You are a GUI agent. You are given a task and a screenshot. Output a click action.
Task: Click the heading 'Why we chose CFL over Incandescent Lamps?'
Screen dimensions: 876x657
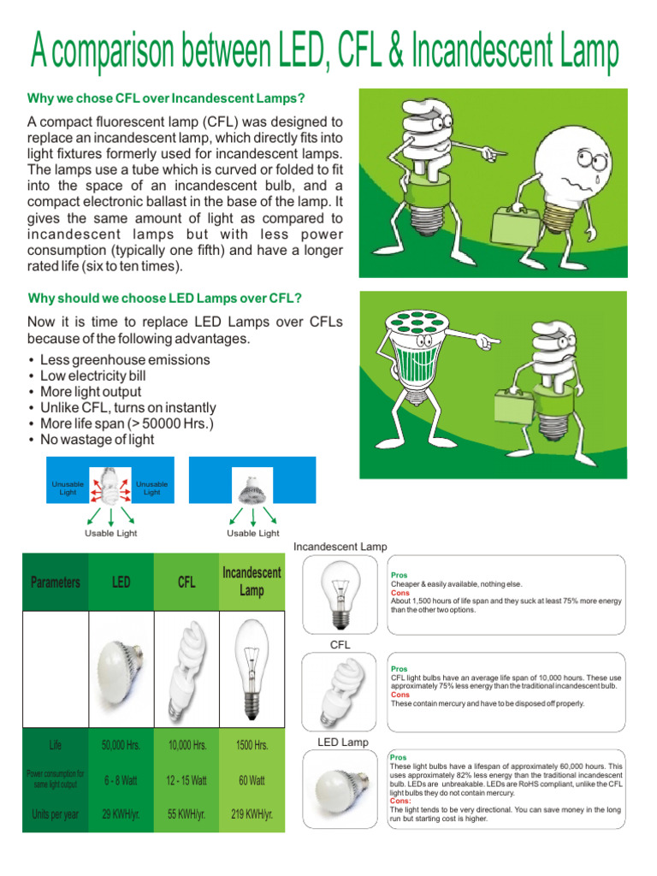click(x=167, y=98)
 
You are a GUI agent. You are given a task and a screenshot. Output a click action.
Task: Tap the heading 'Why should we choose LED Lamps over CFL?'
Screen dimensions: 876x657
click(x=165, y=298)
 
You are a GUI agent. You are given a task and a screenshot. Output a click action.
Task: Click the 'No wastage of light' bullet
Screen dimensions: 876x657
click(x=97, y=440)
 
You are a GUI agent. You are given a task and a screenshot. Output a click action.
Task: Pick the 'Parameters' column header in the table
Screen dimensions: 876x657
click(x=56, y=583)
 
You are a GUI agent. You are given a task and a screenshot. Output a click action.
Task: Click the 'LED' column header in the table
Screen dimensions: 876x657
click(x=121, y=583)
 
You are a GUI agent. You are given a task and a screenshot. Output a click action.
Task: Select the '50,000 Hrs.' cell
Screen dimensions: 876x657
click(x=121, y=745)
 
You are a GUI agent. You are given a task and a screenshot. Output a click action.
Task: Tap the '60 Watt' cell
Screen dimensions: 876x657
click(x=252, y=780)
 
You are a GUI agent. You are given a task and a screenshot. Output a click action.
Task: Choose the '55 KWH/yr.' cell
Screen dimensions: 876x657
click(x=186, y=814)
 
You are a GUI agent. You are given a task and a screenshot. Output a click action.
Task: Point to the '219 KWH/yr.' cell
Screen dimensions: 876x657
click(x=252, y=814)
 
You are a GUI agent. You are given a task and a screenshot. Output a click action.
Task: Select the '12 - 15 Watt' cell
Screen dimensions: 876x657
click(x=186, y=780)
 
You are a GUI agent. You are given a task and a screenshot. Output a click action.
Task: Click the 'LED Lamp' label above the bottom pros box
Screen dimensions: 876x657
click(x=343, y=743)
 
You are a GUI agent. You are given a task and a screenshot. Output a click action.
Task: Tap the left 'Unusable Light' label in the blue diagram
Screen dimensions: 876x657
click(x=68, y=488)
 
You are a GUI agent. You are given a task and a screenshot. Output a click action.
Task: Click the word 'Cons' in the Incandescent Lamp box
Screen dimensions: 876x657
click(x=400, y=592)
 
